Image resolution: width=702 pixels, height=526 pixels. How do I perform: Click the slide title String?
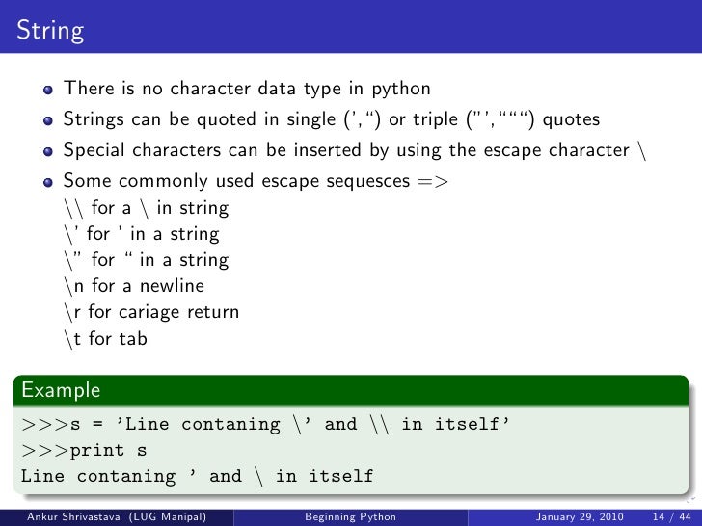coord(48,30)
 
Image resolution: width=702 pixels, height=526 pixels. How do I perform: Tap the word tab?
coord(132,338)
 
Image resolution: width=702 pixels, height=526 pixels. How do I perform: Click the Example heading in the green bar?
coord(61,390)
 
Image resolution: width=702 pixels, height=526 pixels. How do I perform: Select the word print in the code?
coord(95,450)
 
